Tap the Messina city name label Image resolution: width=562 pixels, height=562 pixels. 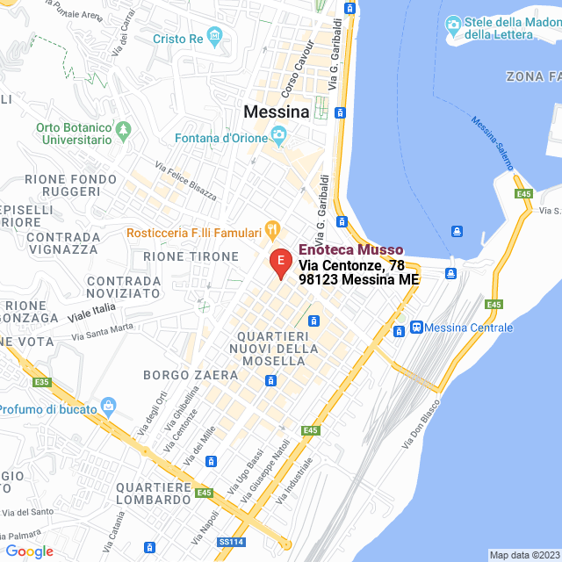tap(276, 112)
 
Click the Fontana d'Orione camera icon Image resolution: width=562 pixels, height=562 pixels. tap(279, 138)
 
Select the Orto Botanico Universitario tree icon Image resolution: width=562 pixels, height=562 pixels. tap(124, 131)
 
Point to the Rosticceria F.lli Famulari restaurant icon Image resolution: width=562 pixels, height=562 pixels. tap(272, 232)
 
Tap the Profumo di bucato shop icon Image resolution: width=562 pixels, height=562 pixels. tap(109, 406)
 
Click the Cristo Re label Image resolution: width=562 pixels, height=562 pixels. tap(177, 39)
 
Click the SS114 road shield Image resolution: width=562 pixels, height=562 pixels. tap(231, 542)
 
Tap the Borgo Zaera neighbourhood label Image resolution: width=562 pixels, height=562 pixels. tap(191, 375)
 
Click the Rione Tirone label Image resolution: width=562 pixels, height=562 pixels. tap(184, 256)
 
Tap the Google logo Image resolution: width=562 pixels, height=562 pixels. tap(29, 551)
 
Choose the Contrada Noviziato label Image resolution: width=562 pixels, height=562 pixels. tap(124, 288)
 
